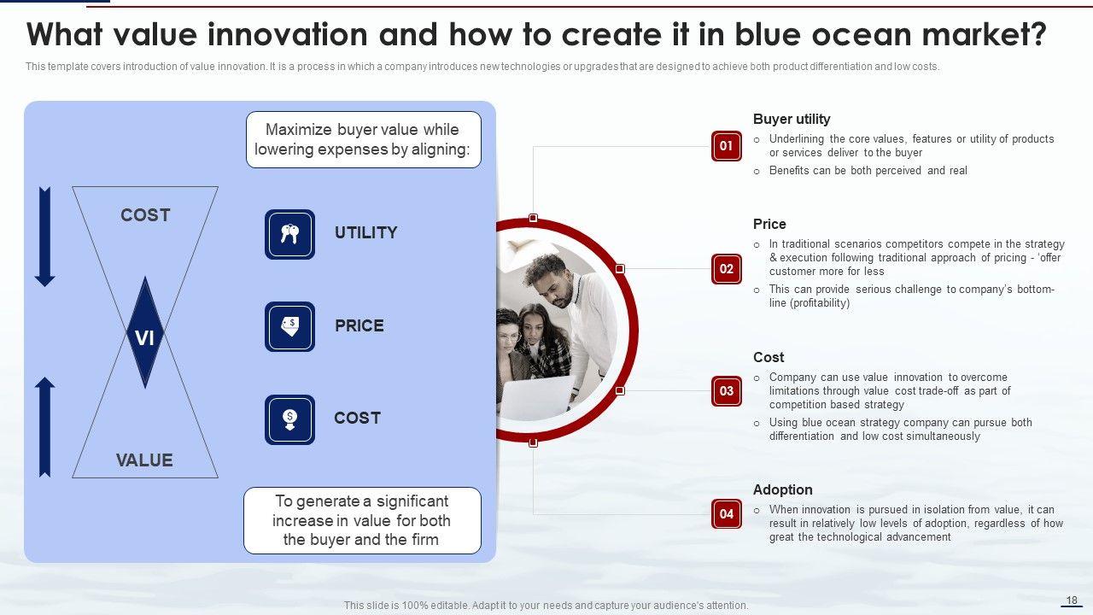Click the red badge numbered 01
tap(726, 146)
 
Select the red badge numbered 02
tap(726, 269)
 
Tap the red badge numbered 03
tap(726, 391)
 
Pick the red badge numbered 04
tap(726, 514)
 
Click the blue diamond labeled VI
tap(145, 333)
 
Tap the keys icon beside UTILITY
tap(289, 234)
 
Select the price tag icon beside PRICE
tap(289, 326)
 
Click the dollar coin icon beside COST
tap(289, 419)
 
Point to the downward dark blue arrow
tap(45, 237)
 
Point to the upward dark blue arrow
tap(45, 427)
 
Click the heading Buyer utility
tap(792, 119)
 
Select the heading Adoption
tap(783, 489)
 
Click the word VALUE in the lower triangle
tap(144, 460)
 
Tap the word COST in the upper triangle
tap(145, 215)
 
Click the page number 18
tap(1072, 600)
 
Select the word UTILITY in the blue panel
tap(366, 233)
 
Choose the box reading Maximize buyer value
tap(364, 139)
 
